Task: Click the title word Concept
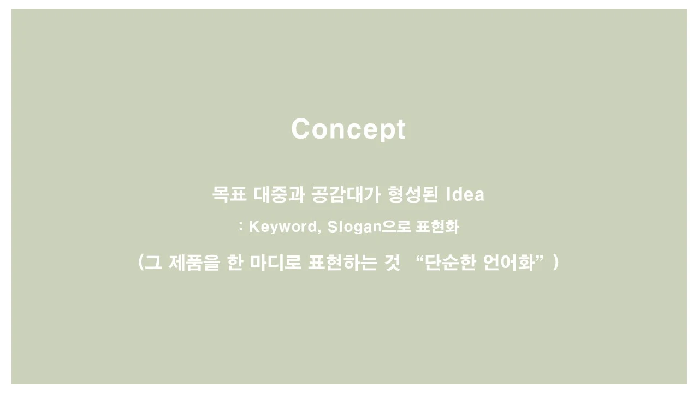[x=348, y=129]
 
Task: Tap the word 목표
[x=229, y=194]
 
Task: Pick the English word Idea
[x=465, y=194]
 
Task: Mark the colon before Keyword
[x=241, y=226]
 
